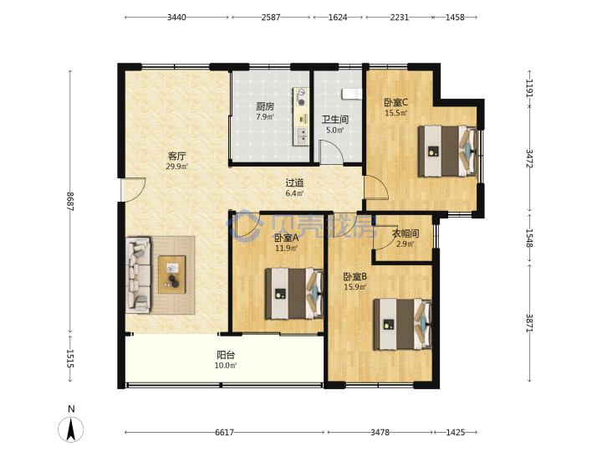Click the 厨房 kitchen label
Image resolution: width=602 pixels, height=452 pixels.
[x=265, y=106]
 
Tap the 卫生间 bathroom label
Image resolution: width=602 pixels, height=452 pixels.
[x=334, y=120]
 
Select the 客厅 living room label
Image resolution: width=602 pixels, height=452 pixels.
[x=177, y=156]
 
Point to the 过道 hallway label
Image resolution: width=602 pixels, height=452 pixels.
[x=294, y=183]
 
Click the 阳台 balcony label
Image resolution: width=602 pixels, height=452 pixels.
[x=226, y=355]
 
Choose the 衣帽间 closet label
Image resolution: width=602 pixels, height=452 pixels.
[x=405, y=234]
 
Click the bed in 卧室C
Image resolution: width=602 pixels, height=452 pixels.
[x=447, y=151]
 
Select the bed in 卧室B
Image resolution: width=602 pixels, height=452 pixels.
[x=403, y=325]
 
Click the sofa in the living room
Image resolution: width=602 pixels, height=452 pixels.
[x=138, y=274]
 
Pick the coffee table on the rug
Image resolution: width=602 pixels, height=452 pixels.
[x=172, y=275]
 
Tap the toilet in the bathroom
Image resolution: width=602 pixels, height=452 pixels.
[x=352, y=94]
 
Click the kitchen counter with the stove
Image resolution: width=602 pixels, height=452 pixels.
[x=301, y=117]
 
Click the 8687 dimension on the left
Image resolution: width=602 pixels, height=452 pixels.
[x=70, y=202]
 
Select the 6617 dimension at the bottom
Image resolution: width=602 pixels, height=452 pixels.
[x=224, y=433]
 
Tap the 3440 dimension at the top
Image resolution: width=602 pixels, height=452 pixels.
[x=176, y=18]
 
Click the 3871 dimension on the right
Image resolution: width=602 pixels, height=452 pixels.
[x=529, y=323]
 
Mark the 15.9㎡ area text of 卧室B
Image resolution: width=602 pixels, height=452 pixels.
[x=355, y=287]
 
